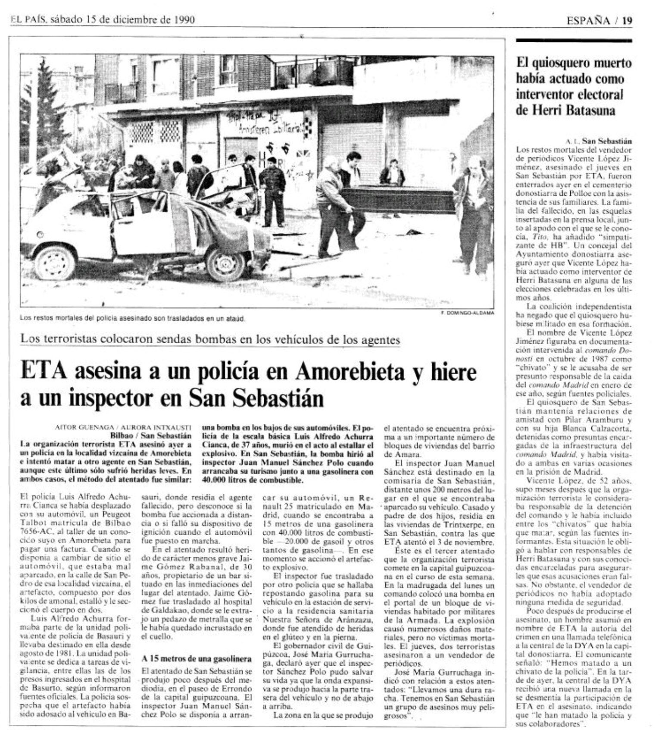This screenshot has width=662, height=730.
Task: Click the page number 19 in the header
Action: coord(627,20)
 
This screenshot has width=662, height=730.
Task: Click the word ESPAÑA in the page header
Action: coord(588,20)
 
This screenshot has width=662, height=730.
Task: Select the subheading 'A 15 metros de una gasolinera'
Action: coord(197,659)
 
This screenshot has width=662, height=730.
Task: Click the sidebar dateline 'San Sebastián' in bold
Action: coord(606,141)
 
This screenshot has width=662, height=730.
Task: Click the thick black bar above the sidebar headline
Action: coord(574,41)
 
